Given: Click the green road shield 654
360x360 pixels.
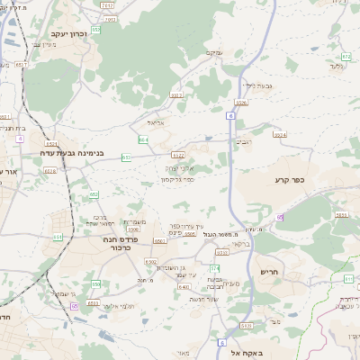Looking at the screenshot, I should pyautogui.click(x=143, y=139).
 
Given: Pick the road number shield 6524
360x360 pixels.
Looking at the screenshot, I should pyautogui.click(x=280, y=135).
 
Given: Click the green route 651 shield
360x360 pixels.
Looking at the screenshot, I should pyautogui.click(x=127, y=157).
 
